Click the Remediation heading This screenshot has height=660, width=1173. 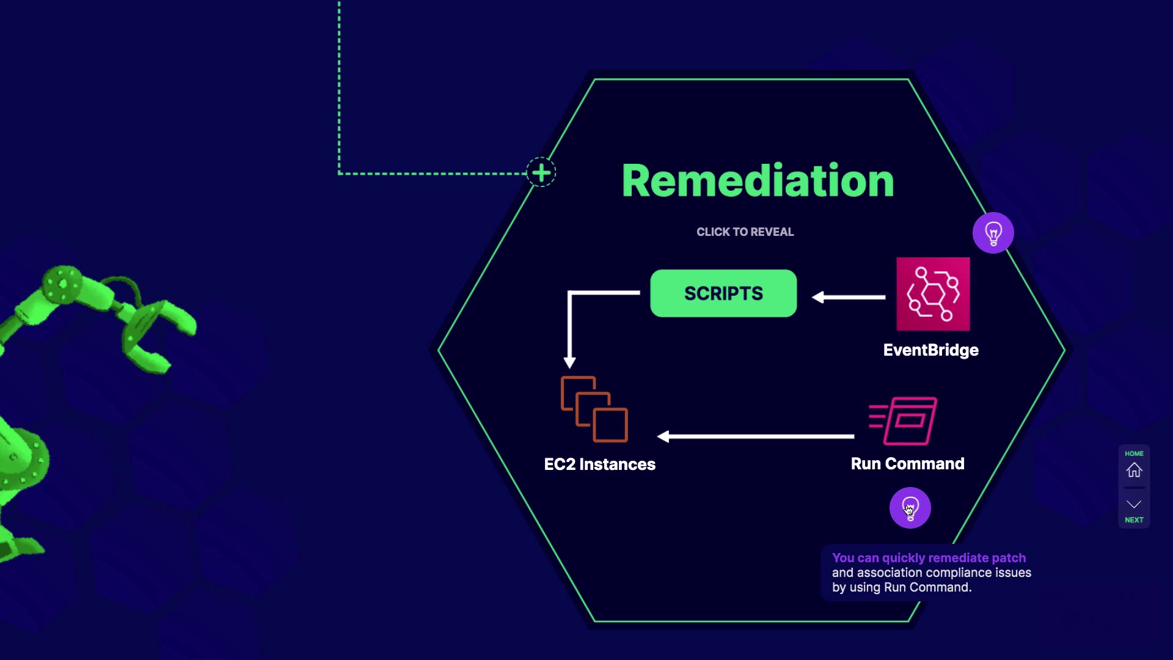pyautogui.click(x=758, y=181)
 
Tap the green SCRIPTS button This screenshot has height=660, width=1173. pyautogui.click(x=723, y=293)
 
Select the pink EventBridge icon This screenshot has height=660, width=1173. pyautogui.click(x=933, y=294)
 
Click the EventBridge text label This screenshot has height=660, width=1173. pyautogui.click(x=931, y=350)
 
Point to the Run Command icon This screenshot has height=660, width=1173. pyautogui.click(x=903, y=421)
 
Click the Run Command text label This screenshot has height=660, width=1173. pyautogui.click(x=908, y=464)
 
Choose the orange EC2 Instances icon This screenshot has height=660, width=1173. pyautogui.click(x=594, y=409)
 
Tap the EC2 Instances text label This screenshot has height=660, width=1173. pyautogui.click(x=600, y=464)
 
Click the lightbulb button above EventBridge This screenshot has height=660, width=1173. pyautogui.click(x=993, y=233)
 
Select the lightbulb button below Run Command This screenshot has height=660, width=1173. pyautogui.click(x=910, y=508)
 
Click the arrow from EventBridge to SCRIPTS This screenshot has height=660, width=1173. pyautogui.click(x=849, y=297)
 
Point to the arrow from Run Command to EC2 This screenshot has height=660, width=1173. pyautogui.click(x=755, y=436)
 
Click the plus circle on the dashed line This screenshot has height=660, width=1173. pyautogui.click(x=541, y=173)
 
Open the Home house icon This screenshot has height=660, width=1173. pyautogui.click(x=1135, y=470)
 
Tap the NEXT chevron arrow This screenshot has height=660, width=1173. pyautogui.click(x=1135, y=504)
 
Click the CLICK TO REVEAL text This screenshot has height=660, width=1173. pyautogui.click(x=745, y=232)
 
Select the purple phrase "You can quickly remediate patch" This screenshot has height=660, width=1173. pyautogui.click(x=929, y=558)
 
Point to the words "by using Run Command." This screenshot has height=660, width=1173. pyautogui.click(x=902, y=588)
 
